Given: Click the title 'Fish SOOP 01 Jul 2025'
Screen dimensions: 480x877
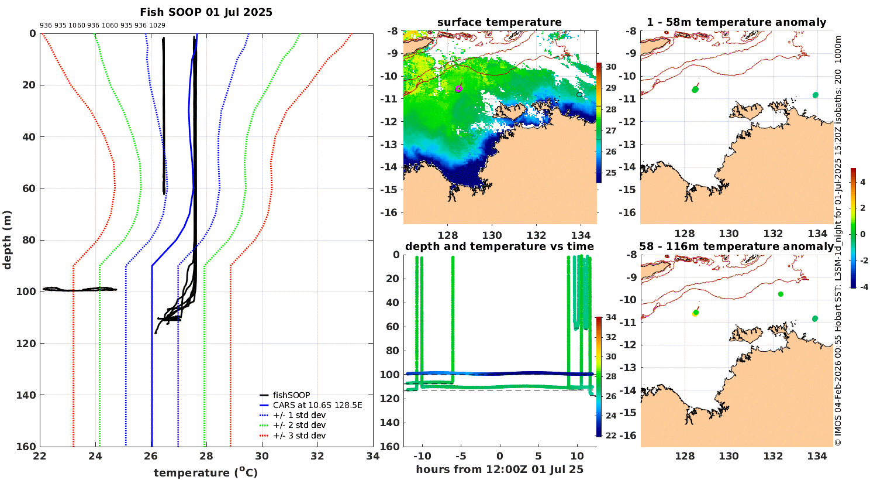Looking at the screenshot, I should [206, 12].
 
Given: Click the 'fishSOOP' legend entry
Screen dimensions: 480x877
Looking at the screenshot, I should [291, 395].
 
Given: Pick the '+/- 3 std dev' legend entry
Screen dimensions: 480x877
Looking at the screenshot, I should [299, 436].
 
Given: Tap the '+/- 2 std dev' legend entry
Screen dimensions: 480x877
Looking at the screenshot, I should [299, 425].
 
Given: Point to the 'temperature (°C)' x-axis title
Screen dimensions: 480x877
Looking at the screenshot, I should [205, 472].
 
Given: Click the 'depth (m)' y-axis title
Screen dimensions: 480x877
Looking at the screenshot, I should [7, 239].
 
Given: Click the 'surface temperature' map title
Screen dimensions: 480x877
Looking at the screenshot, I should [499, 22].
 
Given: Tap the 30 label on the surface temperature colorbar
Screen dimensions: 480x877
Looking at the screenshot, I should [611, 67].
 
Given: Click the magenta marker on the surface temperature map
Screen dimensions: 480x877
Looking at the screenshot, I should [458, 89].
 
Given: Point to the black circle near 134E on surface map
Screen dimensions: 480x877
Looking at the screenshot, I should [579, 94].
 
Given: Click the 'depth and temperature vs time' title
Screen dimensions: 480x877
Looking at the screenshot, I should [499, 246].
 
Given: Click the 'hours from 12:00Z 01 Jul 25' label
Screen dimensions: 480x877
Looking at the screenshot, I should [499, 469].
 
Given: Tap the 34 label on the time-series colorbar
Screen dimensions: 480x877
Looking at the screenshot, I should [611, 318].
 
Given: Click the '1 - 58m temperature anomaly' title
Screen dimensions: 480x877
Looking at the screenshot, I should [736, 22].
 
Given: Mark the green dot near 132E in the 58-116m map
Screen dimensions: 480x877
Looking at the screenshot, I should [781, 294].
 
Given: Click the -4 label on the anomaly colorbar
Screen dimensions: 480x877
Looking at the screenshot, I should [861, 286].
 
